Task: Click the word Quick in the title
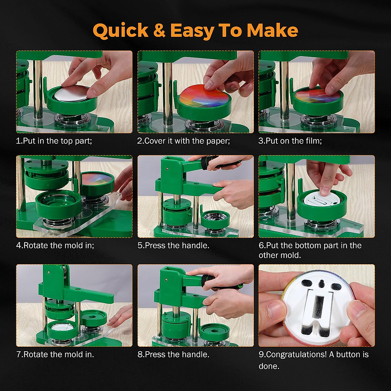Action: (121, 31)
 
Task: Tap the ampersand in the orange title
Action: (159, 30)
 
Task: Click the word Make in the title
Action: (272, 30)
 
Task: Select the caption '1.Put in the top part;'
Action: (54, 141)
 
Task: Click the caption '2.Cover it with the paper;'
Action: (184, 141)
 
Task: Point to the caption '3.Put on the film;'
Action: (290, 141)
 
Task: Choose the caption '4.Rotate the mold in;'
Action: (55, 246)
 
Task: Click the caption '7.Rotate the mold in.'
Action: (55, 355)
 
